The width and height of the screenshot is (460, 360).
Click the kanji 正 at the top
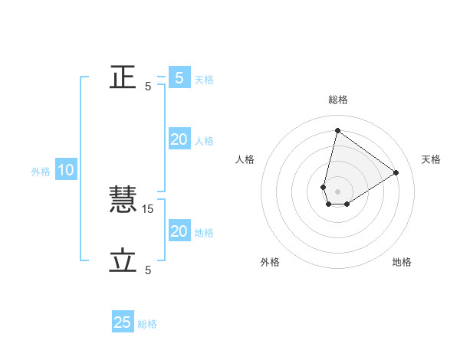pos(123,77)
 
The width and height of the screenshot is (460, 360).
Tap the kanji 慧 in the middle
pos(123,200)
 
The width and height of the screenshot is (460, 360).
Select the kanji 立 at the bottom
pos(123,261)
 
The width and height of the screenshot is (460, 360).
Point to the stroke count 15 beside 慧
pos(149,208)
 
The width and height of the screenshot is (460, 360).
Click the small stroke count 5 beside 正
pos(148,86)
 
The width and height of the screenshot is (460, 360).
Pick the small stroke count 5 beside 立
pos(148,270)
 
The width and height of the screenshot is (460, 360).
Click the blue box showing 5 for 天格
pos(179,77)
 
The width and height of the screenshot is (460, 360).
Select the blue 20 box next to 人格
pos(179,139)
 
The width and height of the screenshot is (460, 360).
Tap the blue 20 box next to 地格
pos(179,231)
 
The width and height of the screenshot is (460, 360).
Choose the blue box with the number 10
pos(66,170)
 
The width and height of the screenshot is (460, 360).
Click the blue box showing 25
pos(123,322)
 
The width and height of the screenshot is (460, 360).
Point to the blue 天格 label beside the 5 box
pos(204,80)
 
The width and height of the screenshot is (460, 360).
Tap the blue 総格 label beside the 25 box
pos(147,324)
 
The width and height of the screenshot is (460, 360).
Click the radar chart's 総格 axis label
pos(337,100)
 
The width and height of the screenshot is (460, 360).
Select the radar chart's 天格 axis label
pos(431,159)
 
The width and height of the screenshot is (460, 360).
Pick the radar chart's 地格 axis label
pos(402,262)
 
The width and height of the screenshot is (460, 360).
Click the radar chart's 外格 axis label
pos(270,262)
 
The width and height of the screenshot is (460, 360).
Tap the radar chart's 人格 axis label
pos(245,159)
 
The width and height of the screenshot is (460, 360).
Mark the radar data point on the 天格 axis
pos(396,172)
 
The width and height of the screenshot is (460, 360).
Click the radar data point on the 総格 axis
pos(337,130)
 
